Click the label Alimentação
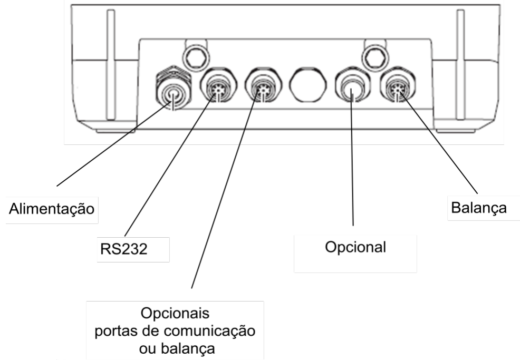[x=52, y=209]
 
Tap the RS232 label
[x=124, y=249]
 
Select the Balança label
[x=479, y=208]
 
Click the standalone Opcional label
[x=355, y=247]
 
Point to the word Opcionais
[x=175, y=313]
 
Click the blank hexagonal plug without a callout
[x=308, y=84]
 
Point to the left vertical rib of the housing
[x=111, y=65]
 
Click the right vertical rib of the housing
[x=460, y=65]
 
